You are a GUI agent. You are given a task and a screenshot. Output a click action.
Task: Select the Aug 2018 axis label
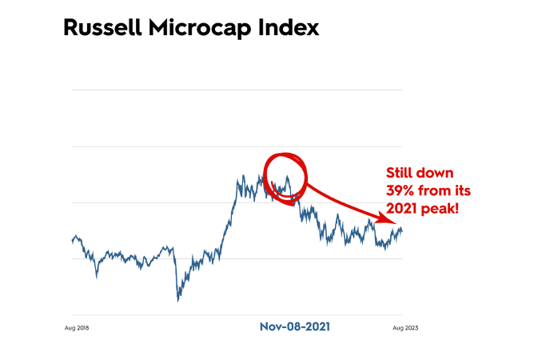coord(75,327)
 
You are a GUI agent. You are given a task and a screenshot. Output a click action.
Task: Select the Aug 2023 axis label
coord(406,327)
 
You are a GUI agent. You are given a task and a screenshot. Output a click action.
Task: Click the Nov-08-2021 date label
coord(295,326)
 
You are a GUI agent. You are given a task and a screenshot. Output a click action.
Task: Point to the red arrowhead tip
coord(397,225)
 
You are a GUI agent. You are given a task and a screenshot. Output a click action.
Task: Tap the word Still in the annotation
coord(401,174)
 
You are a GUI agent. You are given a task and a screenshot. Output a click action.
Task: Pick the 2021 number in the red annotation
coord(402,208)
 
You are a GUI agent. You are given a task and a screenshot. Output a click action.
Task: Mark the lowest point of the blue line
coord(177,301)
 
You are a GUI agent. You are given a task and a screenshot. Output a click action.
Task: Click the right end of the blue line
coord(402,231)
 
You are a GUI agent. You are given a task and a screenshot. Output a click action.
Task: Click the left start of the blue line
coord(72,238)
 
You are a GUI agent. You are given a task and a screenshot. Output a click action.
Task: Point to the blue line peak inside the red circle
coord(287,174)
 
